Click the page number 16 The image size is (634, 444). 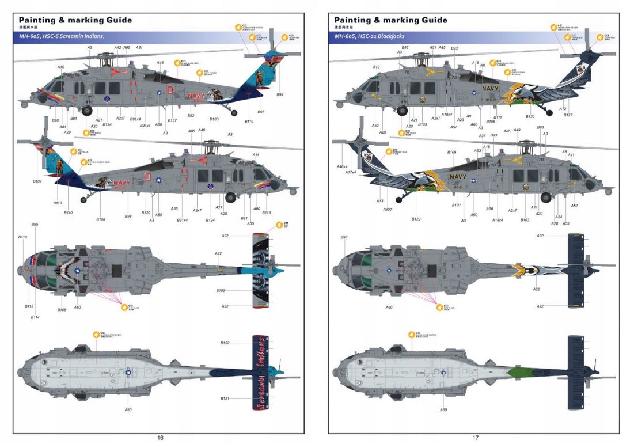160,438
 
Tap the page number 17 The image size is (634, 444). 476,438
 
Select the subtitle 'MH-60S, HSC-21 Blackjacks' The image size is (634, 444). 369,36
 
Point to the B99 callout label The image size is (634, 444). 280,94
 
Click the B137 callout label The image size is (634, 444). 172,120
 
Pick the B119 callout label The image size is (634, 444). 22,237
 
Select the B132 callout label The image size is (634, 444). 225,343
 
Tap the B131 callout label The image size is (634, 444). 225,399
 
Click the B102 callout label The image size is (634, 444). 221,291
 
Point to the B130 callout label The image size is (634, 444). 530,117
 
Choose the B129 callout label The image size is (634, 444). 416,219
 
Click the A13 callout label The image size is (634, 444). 379,200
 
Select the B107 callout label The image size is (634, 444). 37,181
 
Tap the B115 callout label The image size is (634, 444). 267,213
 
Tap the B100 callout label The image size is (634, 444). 214,119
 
